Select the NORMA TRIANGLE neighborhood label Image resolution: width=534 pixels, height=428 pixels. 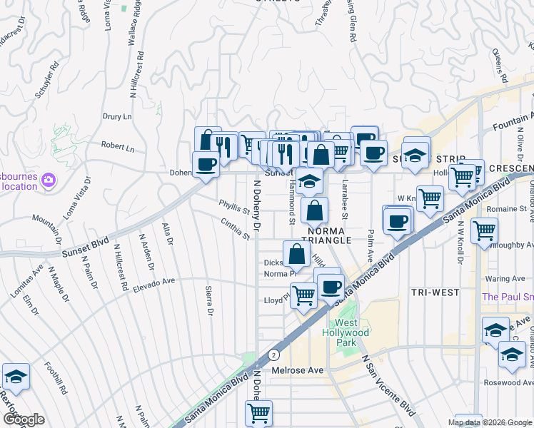[329, 235]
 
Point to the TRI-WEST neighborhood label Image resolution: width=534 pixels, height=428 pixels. [435, 292]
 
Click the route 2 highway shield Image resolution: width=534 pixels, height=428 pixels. [273, 355]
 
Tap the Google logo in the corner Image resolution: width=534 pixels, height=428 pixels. [24, 419]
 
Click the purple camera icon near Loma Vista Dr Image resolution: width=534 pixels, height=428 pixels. [49, 178]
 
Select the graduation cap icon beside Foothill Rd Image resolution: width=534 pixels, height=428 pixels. [16, 376]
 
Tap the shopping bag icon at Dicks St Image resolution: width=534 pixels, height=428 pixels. [296, 253]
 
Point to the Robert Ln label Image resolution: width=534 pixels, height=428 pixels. [118, 148]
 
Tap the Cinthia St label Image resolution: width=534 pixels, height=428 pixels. [236, 230]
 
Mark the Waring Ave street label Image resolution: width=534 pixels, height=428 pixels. [504, 280]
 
